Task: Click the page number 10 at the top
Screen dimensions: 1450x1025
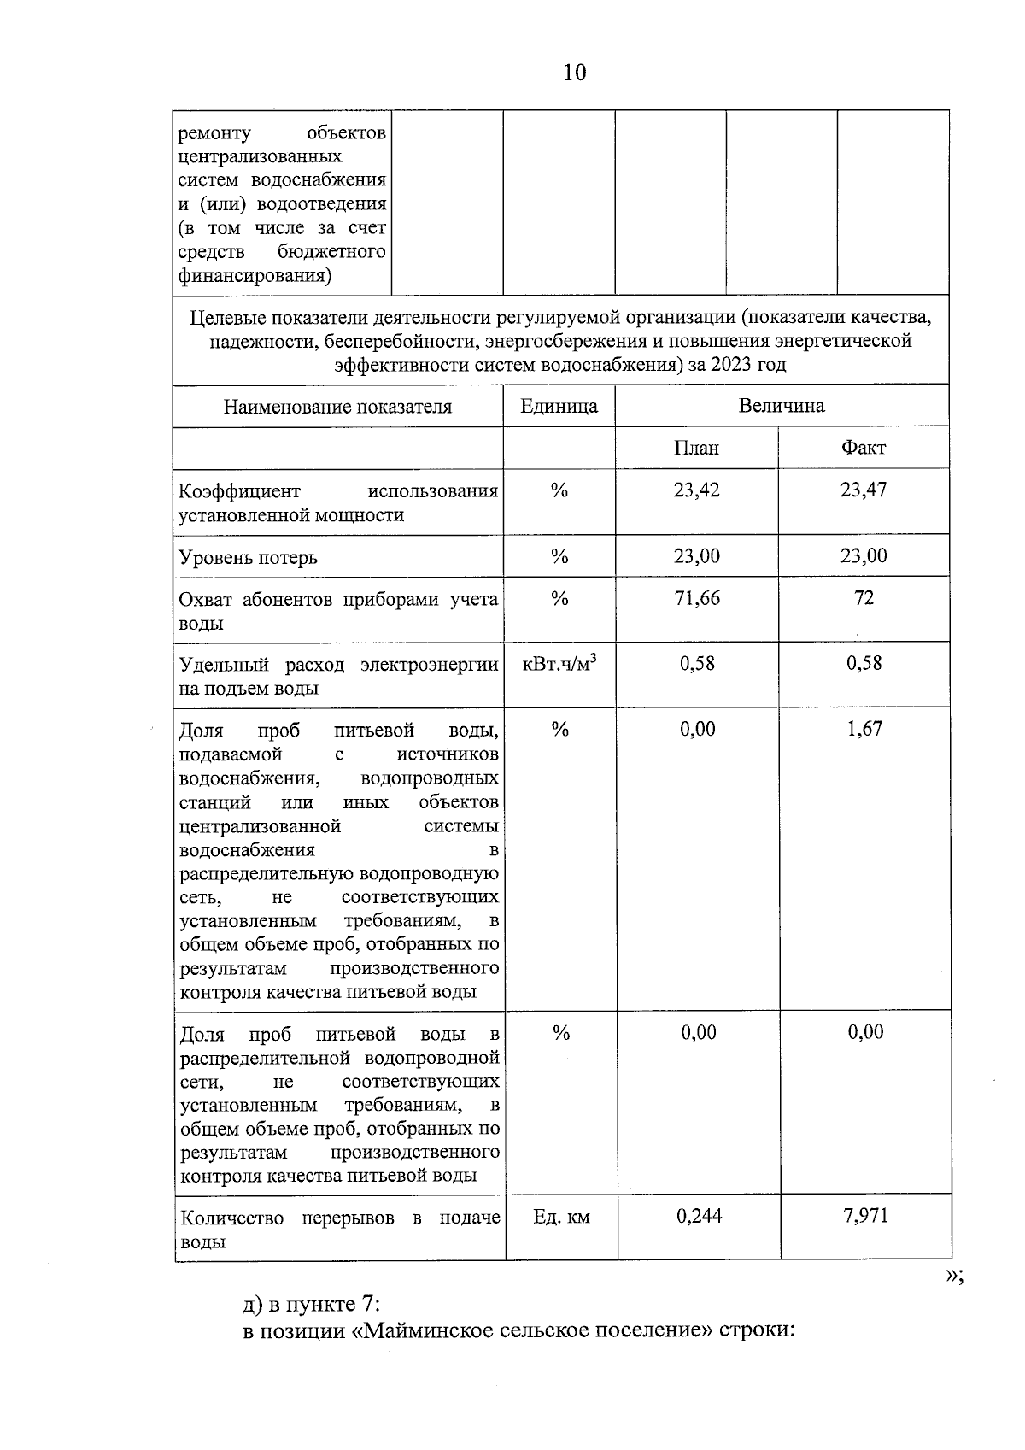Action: pos(575,73)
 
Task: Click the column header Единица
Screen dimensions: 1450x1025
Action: pos(559,406)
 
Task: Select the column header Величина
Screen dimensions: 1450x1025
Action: pos(782,406)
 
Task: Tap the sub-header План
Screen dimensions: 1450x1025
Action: pos(696,448)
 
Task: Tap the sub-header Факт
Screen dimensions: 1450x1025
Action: pos(864,448)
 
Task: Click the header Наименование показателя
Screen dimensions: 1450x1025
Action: pos(337,407)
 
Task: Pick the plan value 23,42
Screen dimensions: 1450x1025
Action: pos(696,490)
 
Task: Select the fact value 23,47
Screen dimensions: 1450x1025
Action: pos(864,490)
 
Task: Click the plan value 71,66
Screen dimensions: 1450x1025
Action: pos(697,598)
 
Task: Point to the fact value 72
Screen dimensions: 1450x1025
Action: pos(864,598)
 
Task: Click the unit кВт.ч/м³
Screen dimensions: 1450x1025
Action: pos(559,664)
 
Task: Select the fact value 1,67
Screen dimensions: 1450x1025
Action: pos(864,729)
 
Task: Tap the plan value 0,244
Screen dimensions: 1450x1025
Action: pos(699,1216)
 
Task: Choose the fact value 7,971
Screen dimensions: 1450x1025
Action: pos(865,1216)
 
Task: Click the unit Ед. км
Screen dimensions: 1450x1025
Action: pos(561,1217)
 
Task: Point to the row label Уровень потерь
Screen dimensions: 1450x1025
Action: pos(248,558)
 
